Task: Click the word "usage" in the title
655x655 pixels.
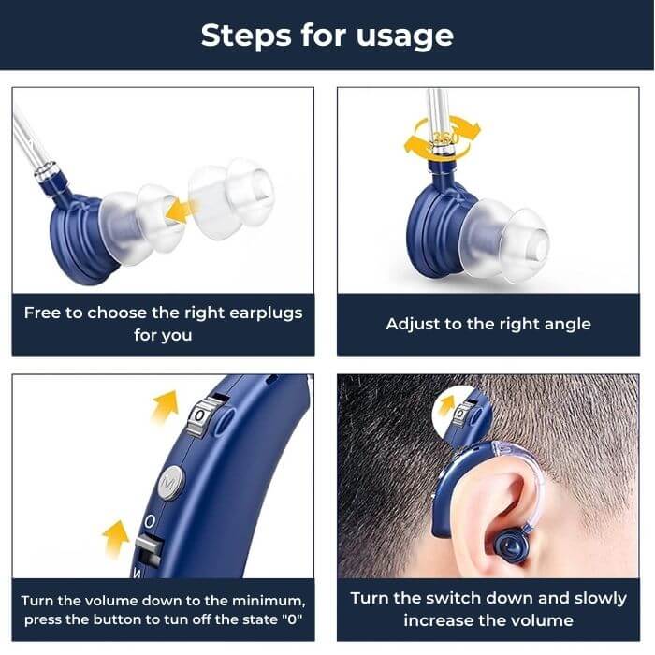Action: tap(405, 36)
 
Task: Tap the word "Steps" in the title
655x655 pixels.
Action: tap(246, 36)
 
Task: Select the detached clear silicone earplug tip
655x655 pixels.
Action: tap(231, 198)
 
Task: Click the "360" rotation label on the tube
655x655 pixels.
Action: tap(444, 137)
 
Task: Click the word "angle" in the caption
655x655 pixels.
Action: tap(569, 324)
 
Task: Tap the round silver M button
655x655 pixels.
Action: tap(171, 484)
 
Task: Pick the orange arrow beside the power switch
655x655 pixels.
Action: tap(115, 538)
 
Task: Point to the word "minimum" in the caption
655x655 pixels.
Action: tap(269, 601)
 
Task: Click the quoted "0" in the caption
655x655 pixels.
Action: tap(292, 619)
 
